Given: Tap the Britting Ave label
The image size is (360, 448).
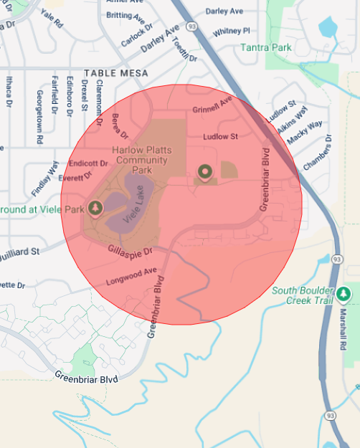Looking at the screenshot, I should [123, 16].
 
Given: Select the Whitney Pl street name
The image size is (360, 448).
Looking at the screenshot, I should [232, 31].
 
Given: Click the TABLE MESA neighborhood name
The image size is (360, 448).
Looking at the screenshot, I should [116, 73].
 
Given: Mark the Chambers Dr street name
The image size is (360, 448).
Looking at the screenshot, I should [318, 153].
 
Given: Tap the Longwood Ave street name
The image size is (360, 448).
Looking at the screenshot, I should [131, 276].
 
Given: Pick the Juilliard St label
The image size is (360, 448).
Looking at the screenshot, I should [22, 252].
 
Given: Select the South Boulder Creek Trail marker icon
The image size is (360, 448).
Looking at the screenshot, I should [344, 294].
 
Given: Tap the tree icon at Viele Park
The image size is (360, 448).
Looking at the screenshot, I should [95, 207].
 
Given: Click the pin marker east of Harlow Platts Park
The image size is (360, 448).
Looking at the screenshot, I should [205, 171].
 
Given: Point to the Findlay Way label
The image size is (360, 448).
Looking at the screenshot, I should [44, 179].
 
